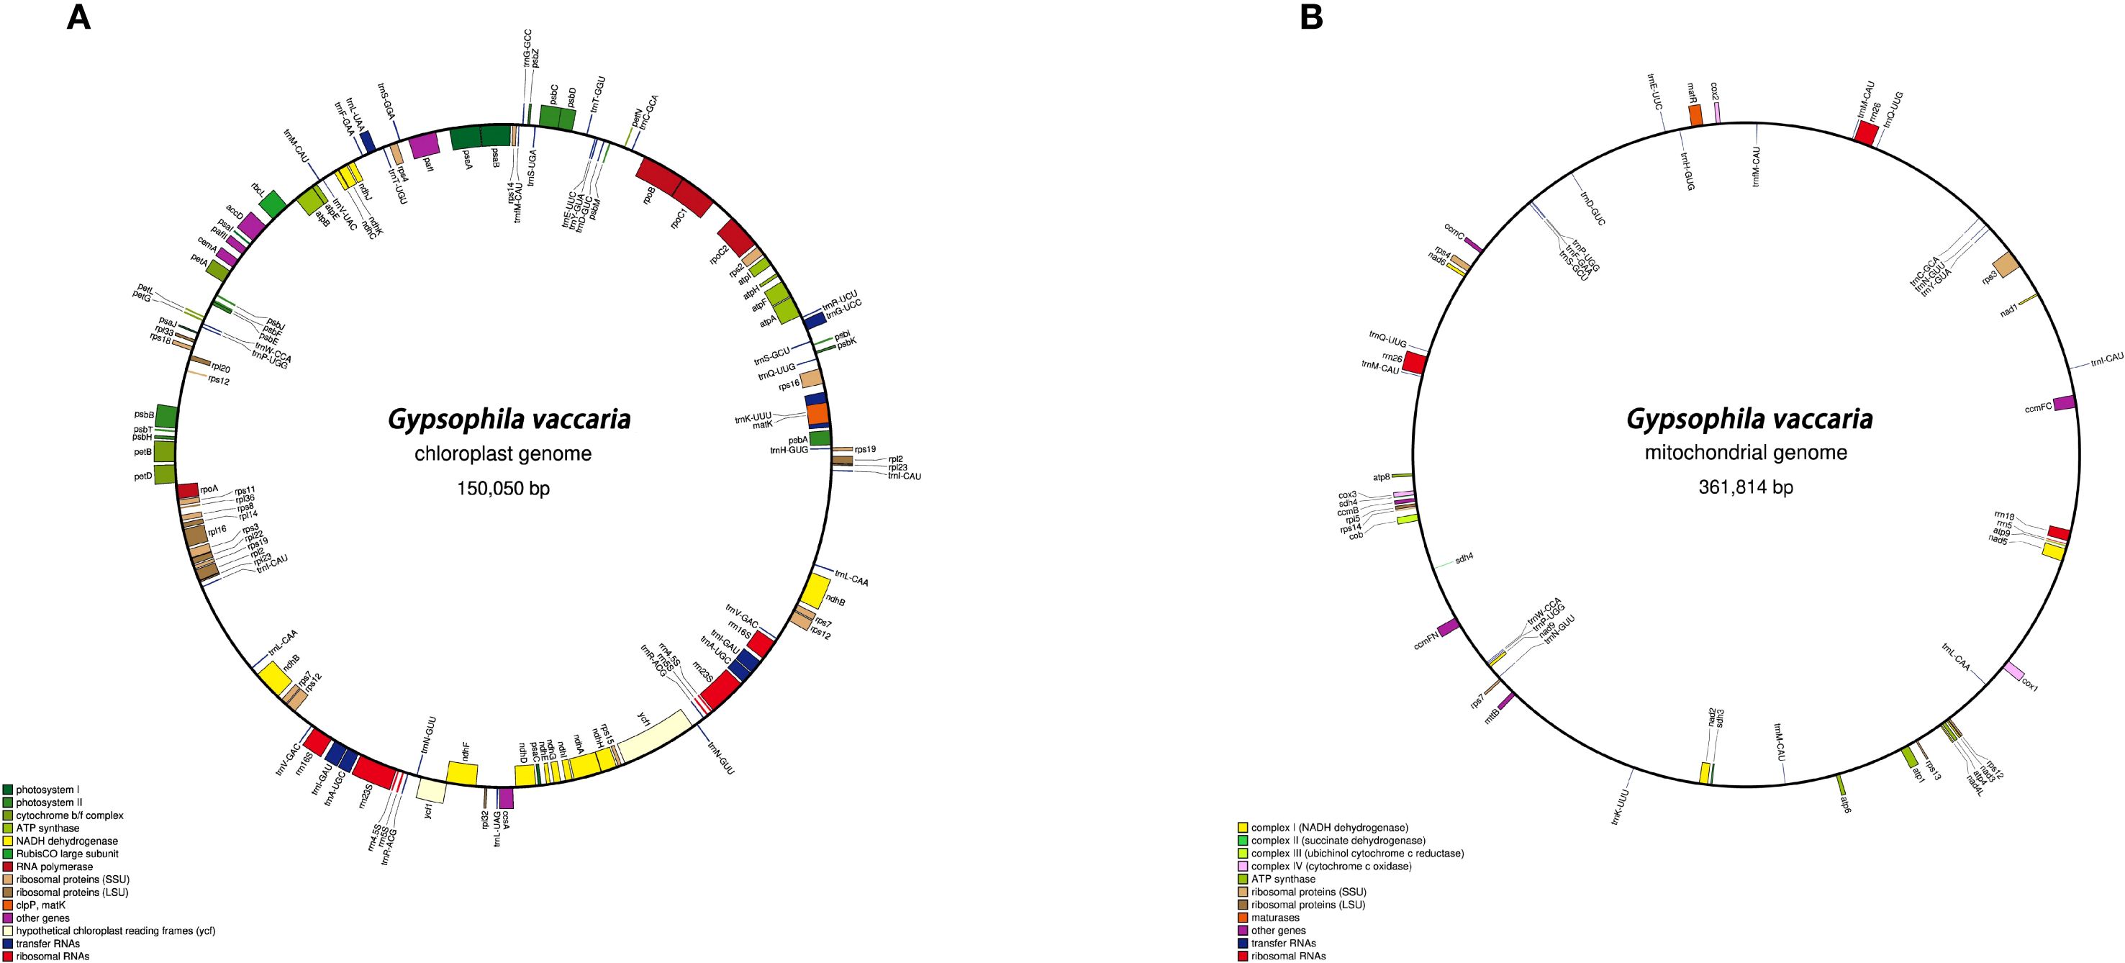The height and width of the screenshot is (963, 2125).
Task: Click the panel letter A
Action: coord(78,17)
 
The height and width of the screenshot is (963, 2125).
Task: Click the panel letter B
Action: coord(1311,17)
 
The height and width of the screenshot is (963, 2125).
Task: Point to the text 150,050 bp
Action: coord(503,489)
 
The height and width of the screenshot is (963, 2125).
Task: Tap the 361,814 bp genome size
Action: coord(1746,487)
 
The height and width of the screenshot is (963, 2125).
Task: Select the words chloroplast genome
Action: coord(503,454)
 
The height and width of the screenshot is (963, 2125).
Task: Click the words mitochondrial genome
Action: coord(1746,452)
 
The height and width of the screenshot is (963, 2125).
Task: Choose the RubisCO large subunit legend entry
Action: coord(67,854)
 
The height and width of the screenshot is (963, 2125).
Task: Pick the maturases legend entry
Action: coord(1274,918)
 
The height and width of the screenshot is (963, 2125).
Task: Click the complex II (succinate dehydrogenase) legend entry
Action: coord(1337,841)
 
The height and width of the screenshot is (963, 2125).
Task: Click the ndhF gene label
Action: coord(466,749)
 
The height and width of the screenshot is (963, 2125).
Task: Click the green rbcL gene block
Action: coord(272,202)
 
